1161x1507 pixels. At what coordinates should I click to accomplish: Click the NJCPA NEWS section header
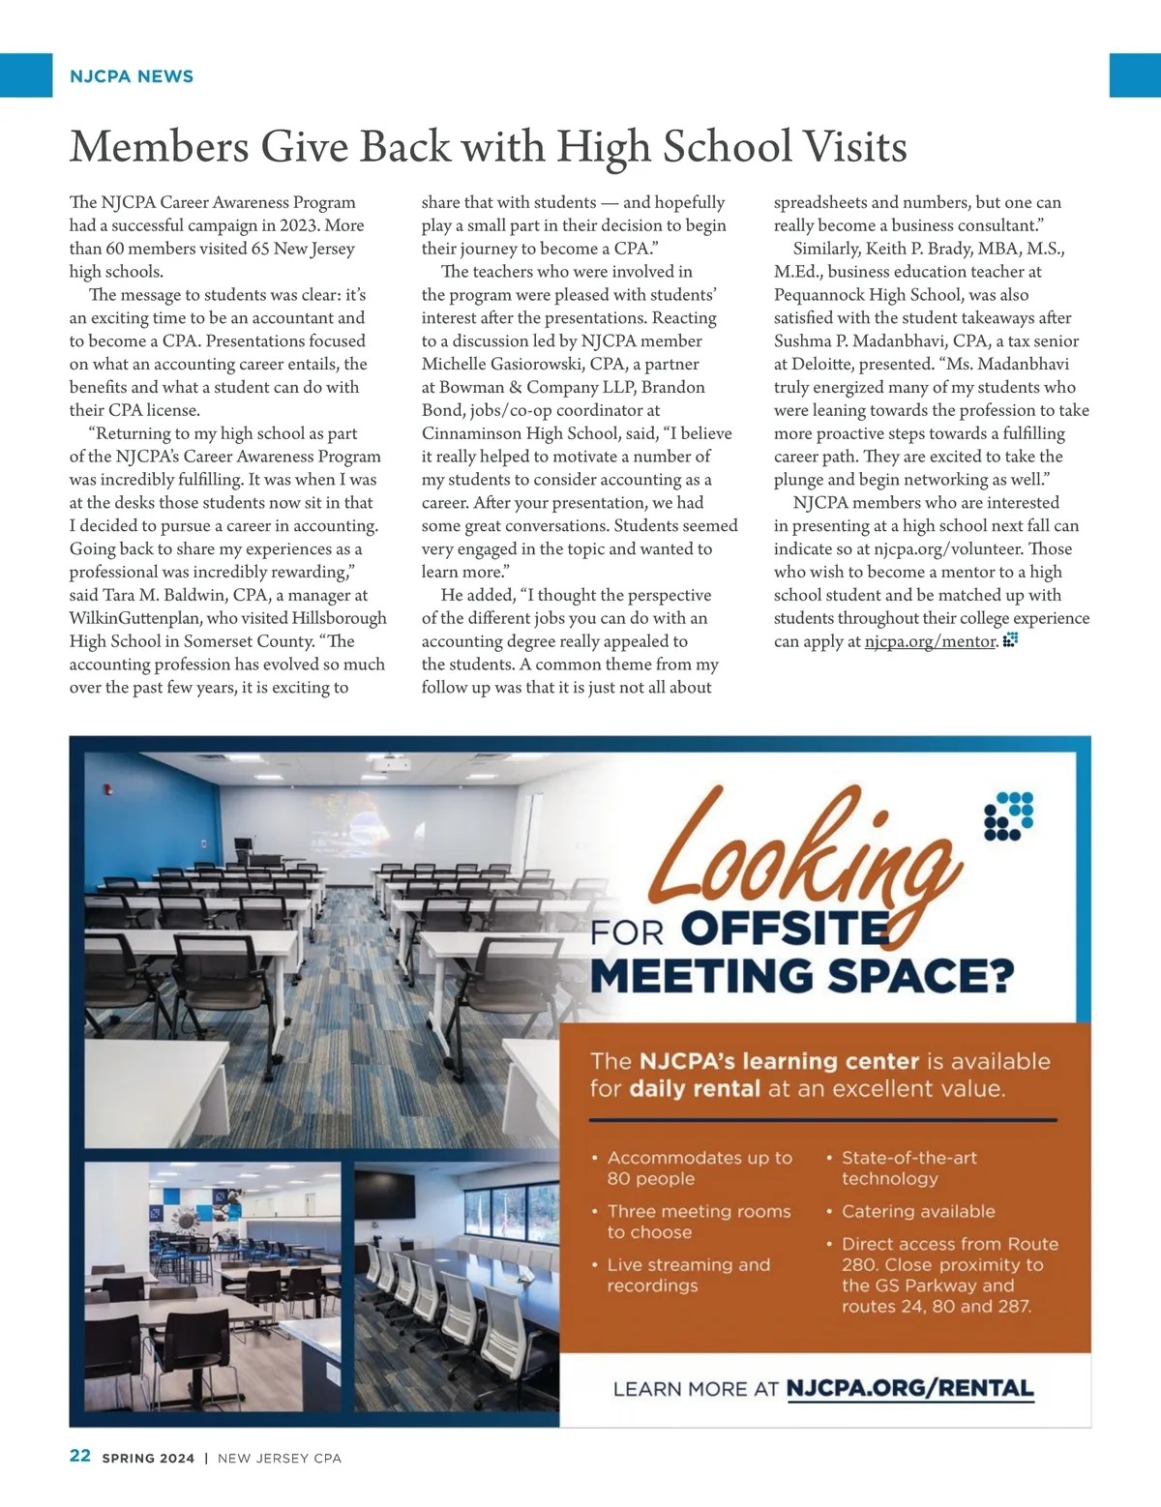pos(132,76)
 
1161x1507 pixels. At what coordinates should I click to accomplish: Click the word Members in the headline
pos(160,147)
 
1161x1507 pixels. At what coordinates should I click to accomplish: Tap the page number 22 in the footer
pos(80,1456)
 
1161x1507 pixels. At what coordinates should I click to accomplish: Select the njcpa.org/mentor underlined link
pos(930,641)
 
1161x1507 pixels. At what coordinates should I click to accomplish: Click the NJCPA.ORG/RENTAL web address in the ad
pos(909,1389)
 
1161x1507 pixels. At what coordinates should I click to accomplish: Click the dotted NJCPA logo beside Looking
pos(1008,816)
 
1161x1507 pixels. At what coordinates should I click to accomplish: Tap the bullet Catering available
pos(917,1211)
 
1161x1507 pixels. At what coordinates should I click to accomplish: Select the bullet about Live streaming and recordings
pos(688,1275)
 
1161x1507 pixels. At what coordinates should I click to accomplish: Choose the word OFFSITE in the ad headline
pos(785,929)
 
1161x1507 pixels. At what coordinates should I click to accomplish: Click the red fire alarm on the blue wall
pos(108,788)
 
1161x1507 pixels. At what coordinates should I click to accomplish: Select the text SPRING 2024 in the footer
pos(148,1458)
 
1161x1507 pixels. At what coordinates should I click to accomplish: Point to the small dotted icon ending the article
pos(1010,639)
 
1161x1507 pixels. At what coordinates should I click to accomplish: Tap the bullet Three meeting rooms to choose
pos(698,1222)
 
